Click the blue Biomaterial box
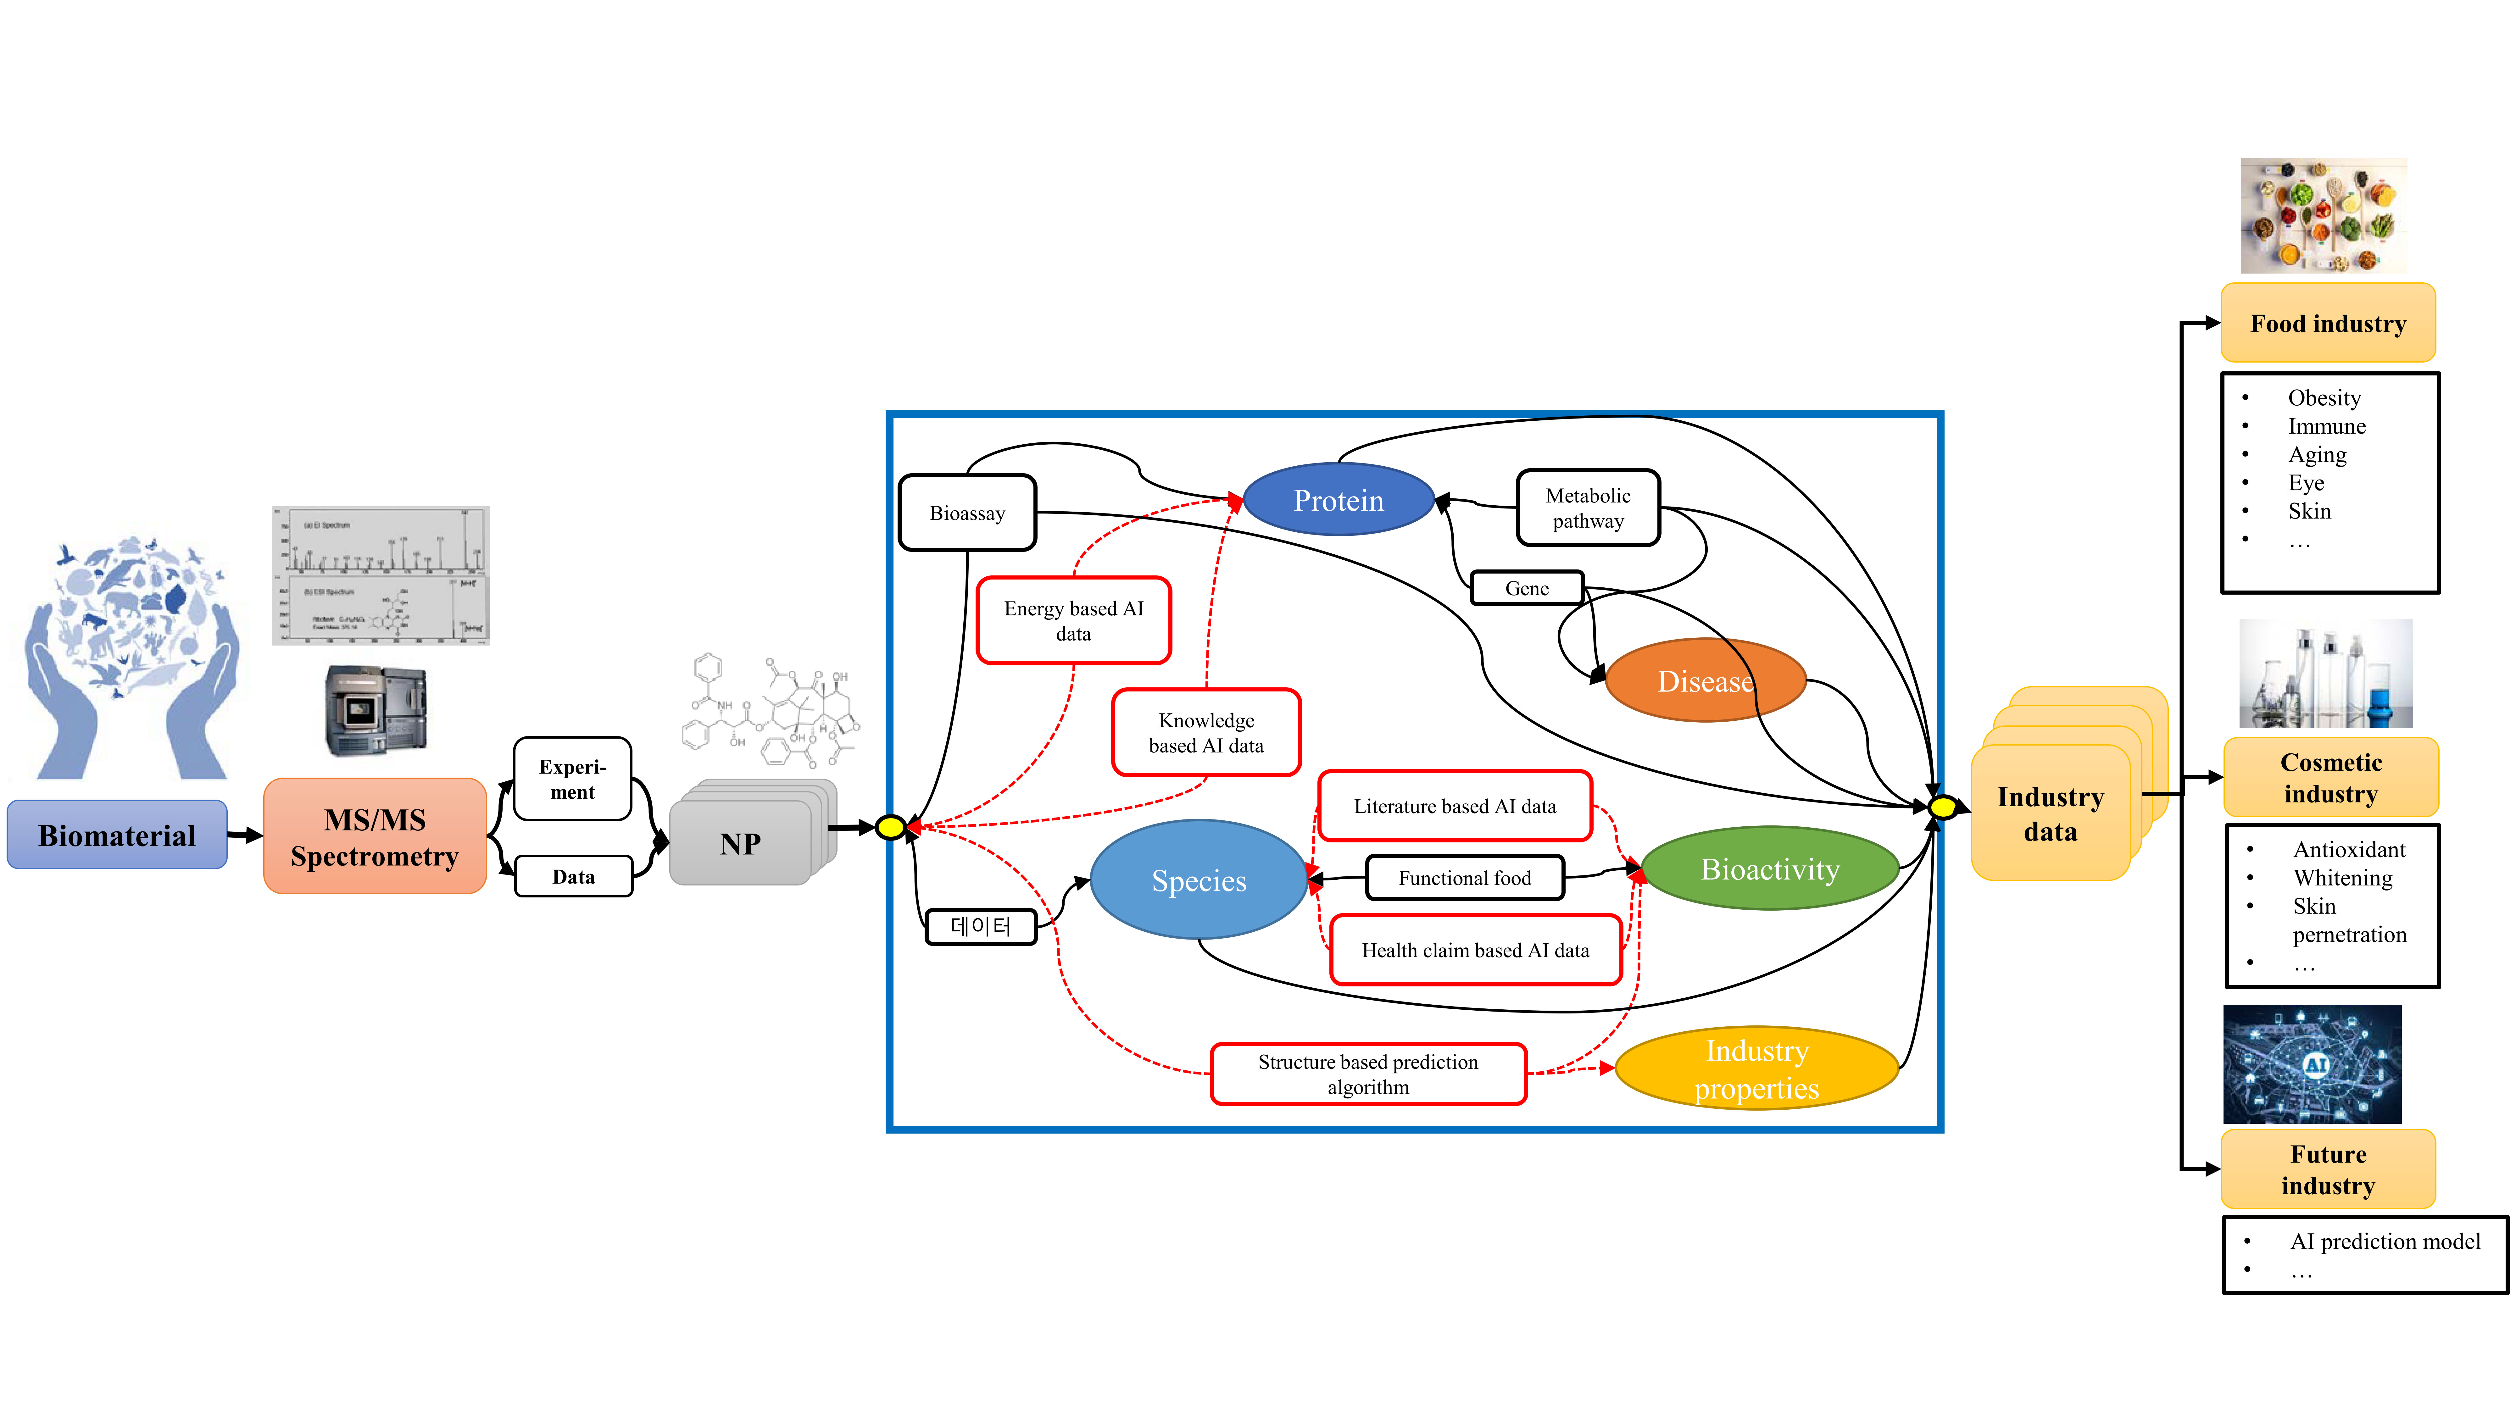(x=117, y=835)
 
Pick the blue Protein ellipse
(x=1338, y=500)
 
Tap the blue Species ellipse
(x=1199, y=880)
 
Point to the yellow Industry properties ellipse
(x=1756, y=1068)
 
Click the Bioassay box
(x=967, y=513)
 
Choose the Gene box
(x=1527, y=588)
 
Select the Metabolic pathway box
(x=1588, y=508)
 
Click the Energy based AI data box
(x=1073, y=620)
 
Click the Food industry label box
(x=2328, y=323)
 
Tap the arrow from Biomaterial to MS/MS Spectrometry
(x=245, y=835)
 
